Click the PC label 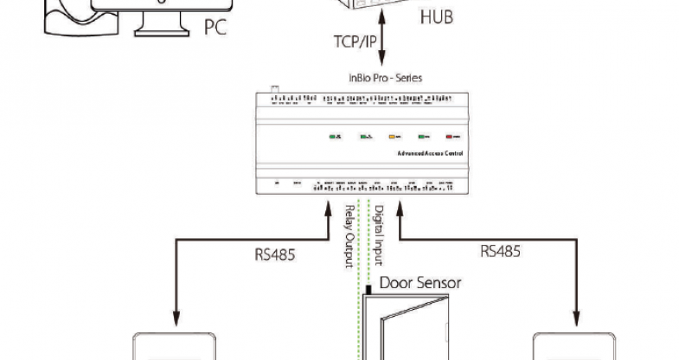click(x=215, y=27)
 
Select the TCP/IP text click(x=354, y=42)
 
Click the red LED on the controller click(x=450, y=137)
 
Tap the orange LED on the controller click(x=391, y=137)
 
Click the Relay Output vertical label click(x=349, y=234)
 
